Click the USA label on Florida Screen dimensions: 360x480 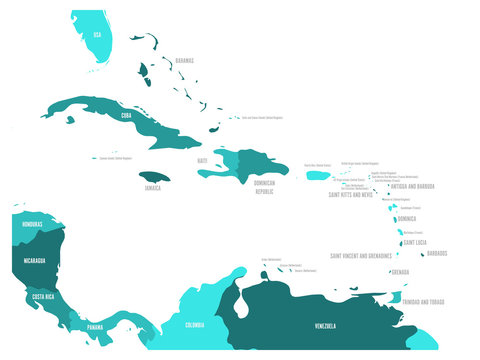97,34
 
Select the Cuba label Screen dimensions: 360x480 126,115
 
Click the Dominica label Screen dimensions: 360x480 406,218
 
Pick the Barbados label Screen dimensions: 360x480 437,253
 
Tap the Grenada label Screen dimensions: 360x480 400,272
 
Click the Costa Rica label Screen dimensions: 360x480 42,297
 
